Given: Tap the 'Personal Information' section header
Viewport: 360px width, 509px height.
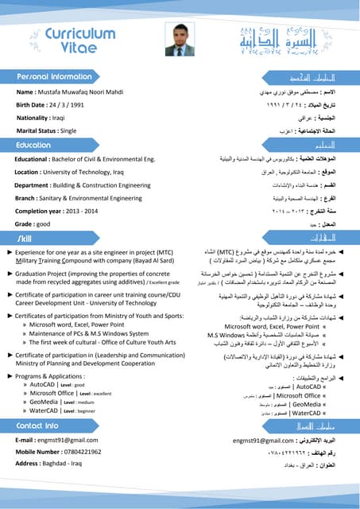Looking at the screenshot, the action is (55, 76).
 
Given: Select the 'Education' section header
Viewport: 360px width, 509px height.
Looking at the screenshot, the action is (34, 146).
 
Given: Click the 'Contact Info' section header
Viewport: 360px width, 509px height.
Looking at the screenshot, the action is (37, 425).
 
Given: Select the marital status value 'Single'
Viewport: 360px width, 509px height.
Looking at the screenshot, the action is (68, 130).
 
